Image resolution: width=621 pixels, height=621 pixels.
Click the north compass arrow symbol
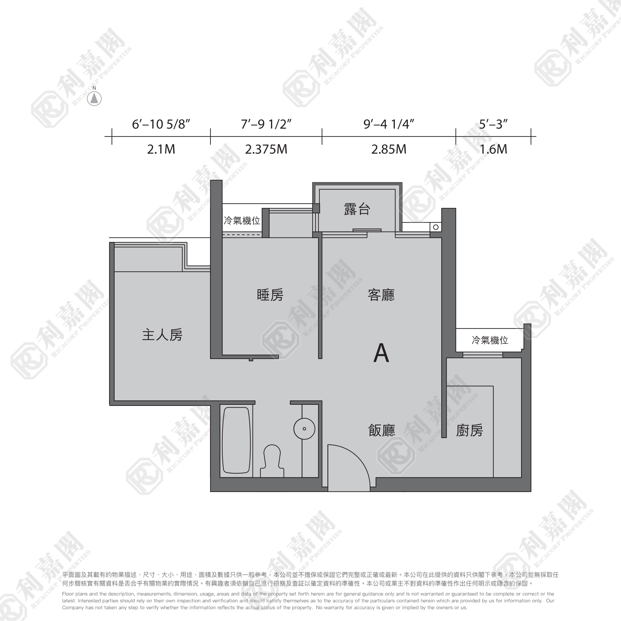coord(94,98)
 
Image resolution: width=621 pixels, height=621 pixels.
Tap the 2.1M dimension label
coord(161,150)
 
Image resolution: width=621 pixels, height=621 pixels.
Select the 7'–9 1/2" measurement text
coord(266,124)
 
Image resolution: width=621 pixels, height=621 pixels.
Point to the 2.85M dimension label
coord(389,150)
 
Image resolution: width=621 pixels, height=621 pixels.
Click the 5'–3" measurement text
coord(493,124)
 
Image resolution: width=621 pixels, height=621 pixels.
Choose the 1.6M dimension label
coord(493,150)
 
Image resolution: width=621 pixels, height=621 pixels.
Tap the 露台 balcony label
coord(357,209)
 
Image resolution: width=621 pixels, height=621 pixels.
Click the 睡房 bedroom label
coord(270,295)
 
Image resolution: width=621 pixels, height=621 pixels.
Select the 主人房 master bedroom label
coord(162,334)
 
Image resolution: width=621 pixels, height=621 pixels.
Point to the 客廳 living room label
coord(381,295)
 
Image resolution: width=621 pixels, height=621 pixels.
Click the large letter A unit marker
coord(381,353)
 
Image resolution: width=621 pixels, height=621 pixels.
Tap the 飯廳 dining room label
coord(382,430)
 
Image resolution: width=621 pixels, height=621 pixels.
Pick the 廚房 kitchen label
coord(469,430)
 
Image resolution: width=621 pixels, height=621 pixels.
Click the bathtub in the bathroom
coord(236,440)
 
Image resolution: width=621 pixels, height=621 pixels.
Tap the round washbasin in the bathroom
coord(304,429)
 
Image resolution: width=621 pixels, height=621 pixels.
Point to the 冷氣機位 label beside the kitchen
coord(490,340)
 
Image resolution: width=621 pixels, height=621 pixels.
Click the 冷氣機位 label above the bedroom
coord(242,220)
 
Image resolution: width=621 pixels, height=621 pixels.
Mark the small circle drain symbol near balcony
coord(436,227)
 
